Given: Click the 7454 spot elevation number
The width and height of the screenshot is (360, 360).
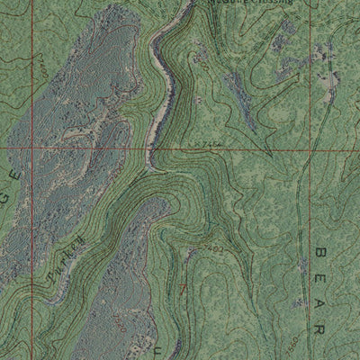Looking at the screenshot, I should pos(206,145).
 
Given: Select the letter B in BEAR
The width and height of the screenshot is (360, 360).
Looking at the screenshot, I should pos(320,255).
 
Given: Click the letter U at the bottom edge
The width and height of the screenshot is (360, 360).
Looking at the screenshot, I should pos(162,343).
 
